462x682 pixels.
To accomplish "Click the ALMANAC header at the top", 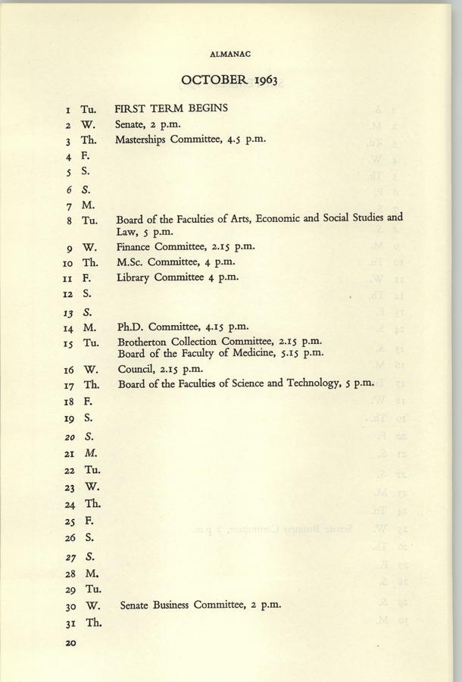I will tap(229, 55).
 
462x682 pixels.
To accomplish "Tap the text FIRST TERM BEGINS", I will tap(171, 108).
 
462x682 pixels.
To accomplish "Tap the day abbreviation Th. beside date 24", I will tap(93, 504).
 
